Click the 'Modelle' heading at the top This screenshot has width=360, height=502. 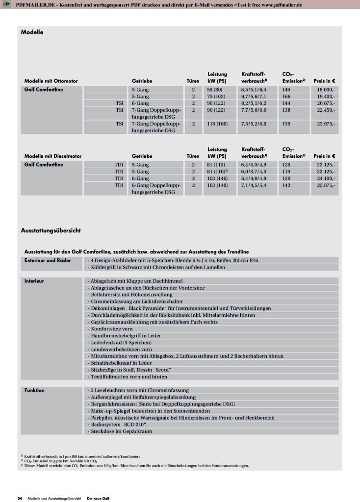(32, 32)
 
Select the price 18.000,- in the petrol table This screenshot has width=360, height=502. (326, 90)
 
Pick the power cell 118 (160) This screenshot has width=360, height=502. (218, 124)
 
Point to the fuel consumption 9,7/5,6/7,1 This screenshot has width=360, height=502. (253, 97)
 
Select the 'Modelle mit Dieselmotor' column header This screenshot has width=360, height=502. (52, 156)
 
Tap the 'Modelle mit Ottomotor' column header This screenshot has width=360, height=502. (51, 80)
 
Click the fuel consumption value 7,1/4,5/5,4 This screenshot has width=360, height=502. (253, 186)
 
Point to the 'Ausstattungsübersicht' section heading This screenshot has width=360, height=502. (51, 230)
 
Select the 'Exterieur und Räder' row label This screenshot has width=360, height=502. (48, 260)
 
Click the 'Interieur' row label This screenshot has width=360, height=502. (34, 281)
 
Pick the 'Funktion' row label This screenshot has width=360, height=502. (34, 390)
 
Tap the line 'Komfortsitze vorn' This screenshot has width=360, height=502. (111, 329)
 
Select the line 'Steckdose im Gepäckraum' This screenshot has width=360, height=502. (120, 431)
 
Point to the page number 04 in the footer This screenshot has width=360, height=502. (20, 498)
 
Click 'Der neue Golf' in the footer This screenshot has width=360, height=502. (98, 498)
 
